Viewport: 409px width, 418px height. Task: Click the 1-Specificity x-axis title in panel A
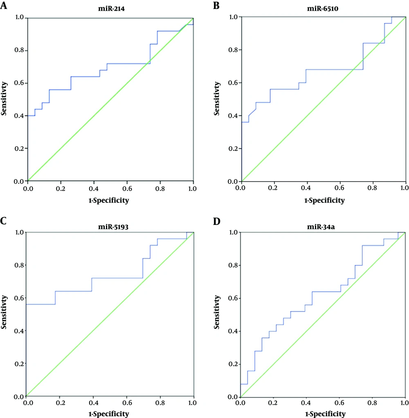[110, 200]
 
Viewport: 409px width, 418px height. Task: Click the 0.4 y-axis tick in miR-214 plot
[19, 116]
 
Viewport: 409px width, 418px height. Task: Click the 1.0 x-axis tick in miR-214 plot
[193, 189]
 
